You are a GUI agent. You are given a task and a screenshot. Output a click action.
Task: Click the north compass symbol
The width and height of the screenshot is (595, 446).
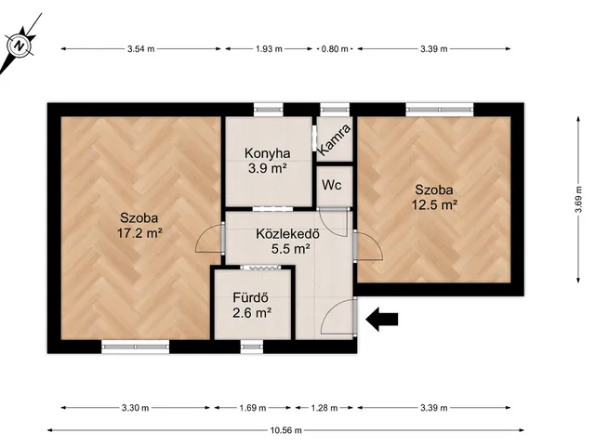[x=19, y=46]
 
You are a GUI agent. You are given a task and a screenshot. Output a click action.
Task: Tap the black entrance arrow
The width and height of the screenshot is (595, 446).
[x=382, y=320]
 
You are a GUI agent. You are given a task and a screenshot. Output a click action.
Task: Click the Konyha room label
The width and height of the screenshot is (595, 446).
[x=268, y=153]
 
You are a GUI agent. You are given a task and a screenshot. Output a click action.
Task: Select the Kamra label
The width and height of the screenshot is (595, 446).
[x=334, y=140]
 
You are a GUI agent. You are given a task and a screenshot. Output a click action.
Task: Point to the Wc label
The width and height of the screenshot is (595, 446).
[x=332, y=185]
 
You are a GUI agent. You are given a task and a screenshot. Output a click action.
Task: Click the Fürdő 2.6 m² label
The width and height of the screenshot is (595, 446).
[x=252, y=306]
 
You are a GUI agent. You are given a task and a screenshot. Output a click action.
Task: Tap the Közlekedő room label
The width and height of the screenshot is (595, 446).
[x=287, y=233]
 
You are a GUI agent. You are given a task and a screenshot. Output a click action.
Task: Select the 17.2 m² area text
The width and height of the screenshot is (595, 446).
[x=139, y=233]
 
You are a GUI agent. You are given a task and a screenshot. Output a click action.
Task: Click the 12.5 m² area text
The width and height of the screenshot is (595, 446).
[x=434, y=204]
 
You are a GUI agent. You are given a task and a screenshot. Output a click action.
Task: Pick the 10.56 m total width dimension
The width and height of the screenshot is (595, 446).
[x=286, y=430]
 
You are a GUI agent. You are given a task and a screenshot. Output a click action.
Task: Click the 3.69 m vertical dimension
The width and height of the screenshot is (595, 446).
[x=578, y=199]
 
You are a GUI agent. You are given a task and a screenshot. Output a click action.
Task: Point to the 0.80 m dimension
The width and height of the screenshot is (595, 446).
[x=335, y=48]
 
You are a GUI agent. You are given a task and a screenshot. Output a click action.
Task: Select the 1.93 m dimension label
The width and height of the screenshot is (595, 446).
[x=269, y=48]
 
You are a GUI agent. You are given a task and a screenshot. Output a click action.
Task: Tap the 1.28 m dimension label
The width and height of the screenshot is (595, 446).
[x=324, y=408]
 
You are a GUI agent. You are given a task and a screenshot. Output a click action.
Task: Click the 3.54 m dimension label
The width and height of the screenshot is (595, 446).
[x=141, y=48]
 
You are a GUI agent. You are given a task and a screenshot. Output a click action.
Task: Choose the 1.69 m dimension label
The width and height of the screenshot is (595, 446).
[x=253, y=408]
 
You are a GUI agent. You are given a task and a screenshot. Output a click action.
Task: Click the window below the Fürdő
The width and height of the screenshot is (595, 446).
[x=252, y=347]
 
